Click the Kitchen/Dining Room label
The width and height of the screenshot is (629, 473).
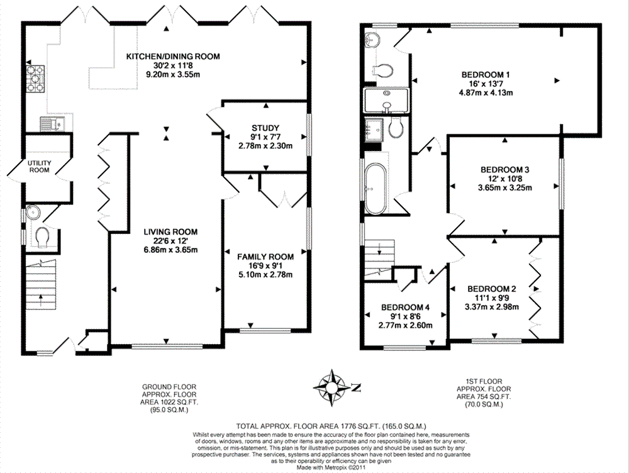[x=173, y=57]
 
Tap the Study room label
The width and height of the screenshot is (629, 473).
[x=265, y=128]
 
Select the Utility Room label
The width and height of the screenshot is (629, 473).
[x=39, y=167]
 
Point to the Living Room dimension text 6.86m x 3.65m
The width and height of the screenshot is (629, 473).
[x=170, y=250]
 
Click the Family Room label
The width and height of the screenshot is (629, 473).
[x=265, y=257]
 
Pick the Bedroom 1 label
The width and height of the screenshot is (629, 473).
[x=486, y=75]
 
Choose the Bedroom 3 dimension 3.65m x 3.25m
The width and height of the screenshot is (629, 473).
[x=504, y=188]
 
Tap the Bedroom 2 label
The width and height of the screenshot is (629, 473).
[x=491, y=289]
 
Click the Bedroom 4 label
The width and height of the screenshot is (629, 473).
[x=405, y=308]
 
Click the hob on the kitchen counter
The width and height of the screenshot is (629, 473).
[x=36, y=79]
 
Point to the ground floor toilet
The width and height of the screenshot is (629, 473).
[x=42, y=237]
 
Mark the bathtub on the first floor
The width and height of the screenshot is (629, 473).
[x=376, y=189]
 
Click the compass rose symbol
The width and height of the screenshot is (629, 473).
[x=331, y=387]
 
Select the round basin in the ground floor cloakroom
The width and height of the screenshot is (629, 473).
[x=31, y=212]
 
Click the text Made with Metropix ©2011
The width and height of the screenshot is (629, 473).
[x=331, y=467]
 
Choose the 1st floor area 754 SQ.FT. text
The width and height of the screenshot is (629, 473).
[x=483, y=397]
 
